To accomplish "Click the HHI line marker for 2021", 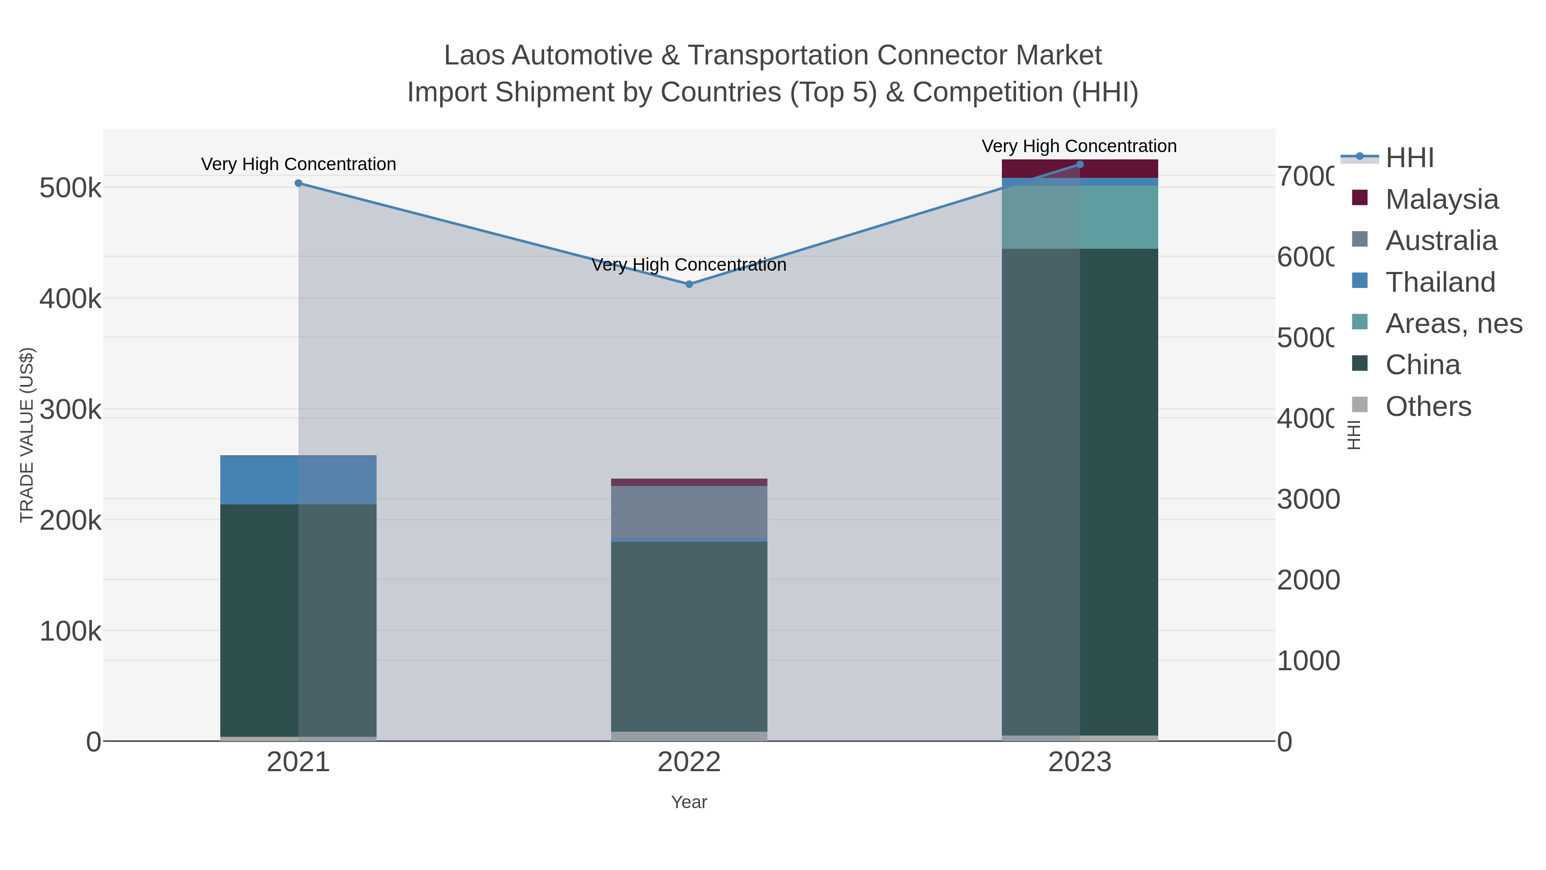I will (298, 183).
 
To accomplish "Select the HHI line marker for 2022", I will (689, 284).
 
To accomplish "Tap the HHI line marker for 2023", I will (1080, 165).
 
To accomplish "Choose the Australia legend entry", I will (1440, 240).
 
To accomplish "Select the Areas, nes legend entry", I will (1453, 323).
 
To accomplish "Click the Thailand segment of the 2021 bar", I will (298, 480).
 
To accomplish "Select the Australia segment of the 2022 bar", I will (689, 512).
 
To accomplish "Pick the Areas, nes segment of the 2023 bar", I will (1080, 217).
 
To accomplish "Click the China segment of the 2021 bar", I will (298, 618).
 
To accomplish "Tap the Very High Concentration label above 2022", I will (689, 265).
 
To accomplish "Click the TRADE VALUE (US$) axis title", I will (27, 435).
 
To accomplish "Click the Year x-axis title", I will (689, 802).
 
